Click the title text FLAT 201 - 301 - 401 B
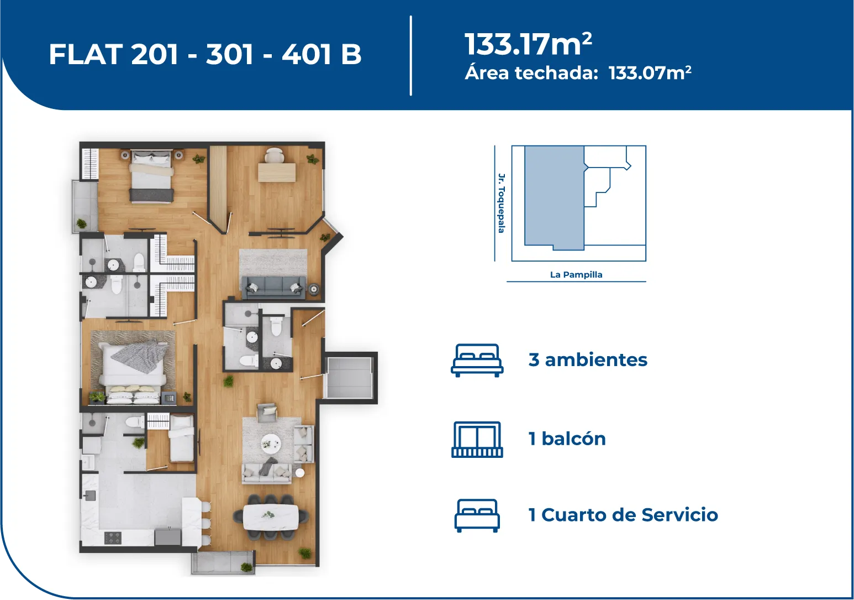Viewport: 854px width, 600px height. (x=205, y=54)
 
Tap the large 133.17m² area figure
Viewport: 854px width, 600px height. (x=528, y=44)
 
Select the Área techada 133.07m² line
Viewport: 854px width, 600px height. (x=578, y=73)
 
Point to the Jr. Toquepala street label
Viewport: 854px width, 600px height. (x=502, y=203)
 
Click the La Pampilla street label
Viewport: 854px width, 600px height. (x=576, y=274)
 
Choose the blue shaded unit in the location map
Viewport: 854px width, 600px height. (x=554, y=197)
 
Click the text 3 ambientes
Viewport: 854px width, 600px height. (x=588, y=360)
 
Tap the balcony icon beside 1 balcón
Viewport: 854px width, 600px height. (x=477, y=439)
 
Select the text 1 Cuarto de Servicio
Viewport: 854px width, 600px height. (x=623, y=515)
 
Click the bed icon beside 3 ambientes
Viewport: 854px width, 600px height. (x=477, y=361)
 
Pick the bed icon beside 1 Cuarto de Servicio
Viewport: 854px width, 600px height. (x=477, y=515)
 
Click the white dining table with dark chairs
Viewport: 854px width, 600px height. (x=271, y=517)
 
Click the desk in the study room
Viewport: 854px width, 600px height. (x=277, y=172)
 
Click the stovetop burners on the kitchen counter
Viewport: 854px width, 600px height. (x=113, y=538)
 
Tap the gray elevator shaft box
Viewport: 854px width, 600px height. (x=349, y=378)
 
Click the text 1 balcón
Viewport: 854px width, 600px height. (x=567, y=439)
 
